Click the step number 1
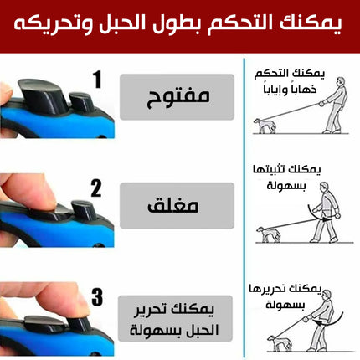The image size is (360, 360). [x=97, y=80]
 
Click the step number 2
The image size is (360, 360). [x=96, y=188]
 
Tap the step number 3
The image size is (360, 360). [x=97, y=297]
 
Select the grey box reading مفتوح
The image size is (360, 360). [x=177, y=97]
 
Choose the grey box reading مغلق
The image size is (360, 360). [x=177, y=206]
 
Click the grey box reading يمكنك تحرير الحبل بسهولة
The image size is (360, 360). [x=175, y=318]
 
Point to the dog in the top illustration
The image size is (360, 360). [x=265, y=126]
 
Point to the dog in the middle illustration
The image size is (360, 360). [x=269, y=234]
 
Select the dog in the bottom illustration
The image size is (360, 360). [x=280, y=343]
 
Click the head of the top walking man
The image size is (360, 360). [x=341, y=82]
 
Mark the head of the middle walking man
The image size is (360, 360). [x=324, y=187]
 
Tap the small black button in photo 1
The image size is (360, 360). [x=80, y=102]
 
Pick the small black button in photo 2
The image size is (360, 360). [x=83, y=210]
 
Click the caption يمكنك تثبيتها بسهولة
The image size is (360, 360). [x=286, y=177]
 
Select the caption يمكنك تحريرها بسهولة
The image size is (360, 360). [x=285, y=296]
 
